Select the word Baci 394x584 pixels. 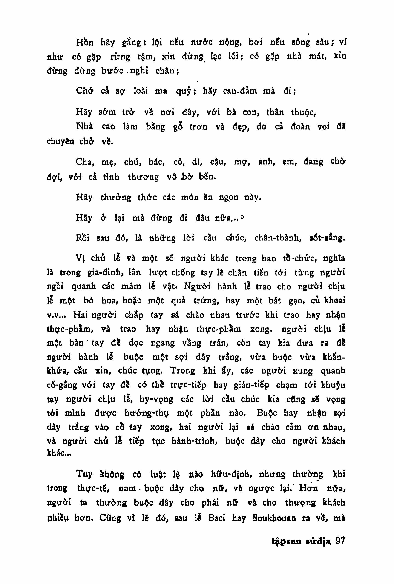[x=217, y=518]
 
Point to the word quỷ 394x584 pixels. [x=184, y=91]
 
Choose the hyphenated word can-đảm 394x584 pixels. [x=240, y=91]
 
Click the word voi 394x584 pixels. [x=323, y=127]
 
